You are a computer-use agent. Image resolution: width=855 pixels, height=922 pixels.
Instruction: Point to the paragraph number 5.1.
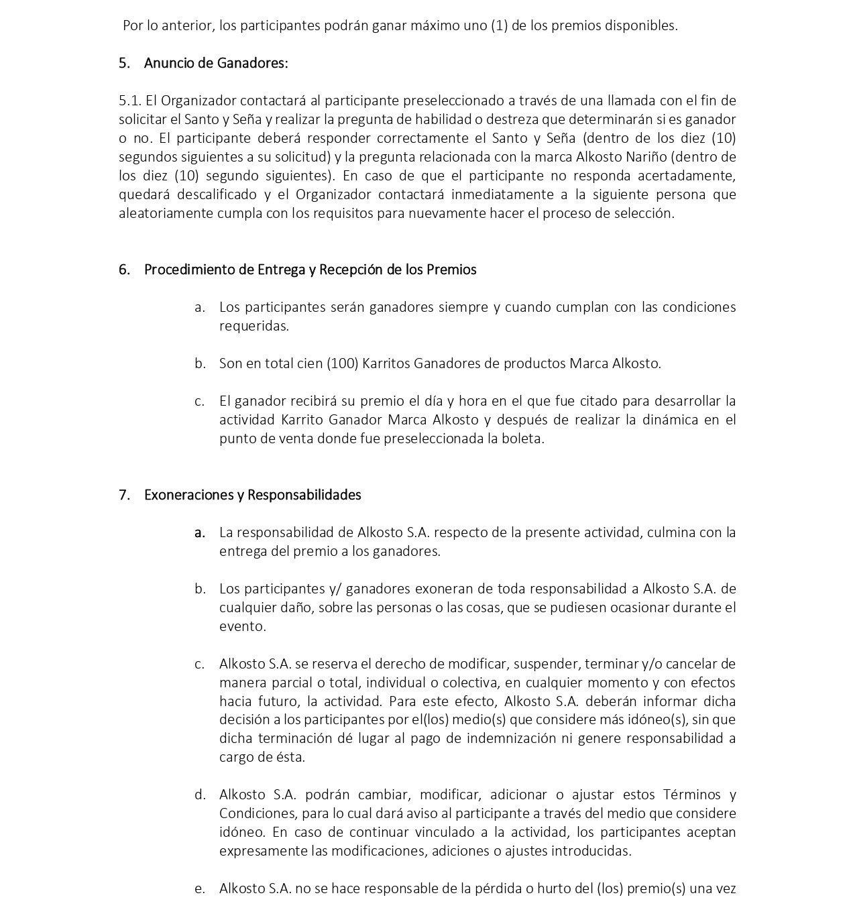(130, 101)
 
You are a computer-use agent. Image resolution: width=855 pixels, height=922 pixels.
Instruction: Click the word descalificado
(215, 194)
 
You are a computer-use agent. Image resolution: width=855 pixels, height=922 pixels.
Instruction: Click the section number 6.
(123, 270)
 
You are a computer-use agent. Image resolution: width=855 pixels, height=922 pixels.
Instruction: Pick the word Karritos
(386, 363)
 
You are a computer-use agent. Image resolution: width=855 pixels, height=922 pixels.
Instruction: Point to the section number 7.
(123, 495)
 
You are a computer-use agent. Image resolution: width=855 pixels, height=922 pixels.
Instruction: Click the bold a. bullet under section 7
(199, 532)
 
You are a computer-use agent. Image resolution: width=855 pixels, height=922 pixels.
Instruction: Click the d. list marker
(199, 795)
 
